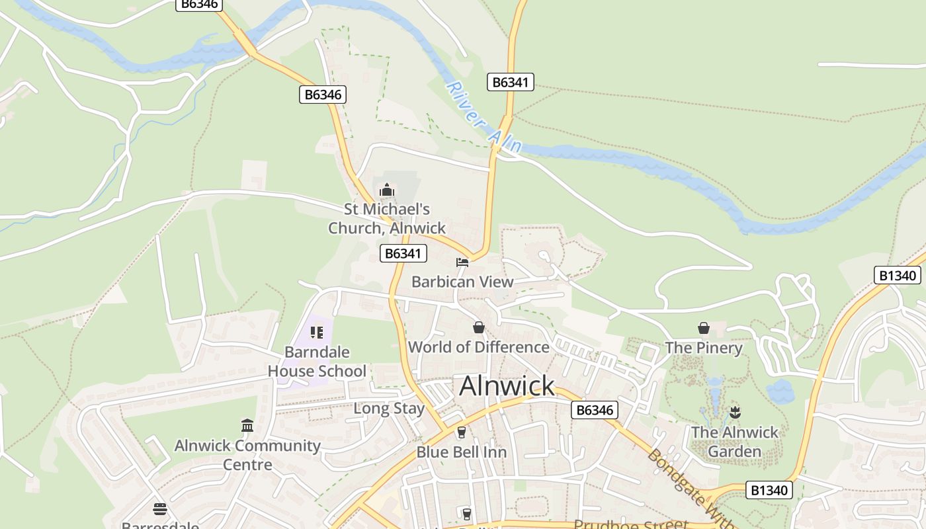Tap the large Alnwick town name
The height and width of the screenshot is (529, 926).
507,386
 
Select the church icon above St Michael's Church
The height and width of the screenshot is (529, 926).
387,191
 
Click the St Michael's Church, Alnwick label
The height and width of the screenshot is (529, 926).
388,219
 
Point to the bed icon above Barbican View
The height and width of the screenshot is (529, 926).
462,263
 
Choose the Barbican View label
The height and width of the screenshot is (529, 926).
462,282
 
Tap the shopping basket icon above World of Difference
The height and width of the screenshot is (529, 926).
478,327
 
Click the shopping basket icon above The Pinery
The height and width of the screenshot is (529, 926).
704,328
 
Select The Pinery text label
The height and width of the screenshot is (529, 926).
704,348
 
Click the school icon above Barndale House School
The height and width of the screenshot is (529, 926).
316,332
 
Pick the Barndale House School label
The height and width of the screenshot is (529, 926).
316,362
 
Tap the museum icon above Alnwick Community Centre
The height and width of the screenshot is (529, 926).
247,425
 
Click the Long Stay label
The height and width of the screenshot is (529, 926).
389,408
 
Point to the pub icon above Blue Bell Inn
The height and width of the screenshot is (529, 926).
461,432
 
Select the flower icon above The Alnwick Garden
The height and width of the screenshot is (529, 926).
734,413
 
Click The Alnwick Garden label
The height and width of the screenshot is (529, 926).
735,442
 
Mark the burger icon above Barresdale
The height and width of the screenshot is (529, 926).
160,509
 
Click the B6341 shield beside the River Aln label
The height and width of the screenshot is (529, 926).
511,82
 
